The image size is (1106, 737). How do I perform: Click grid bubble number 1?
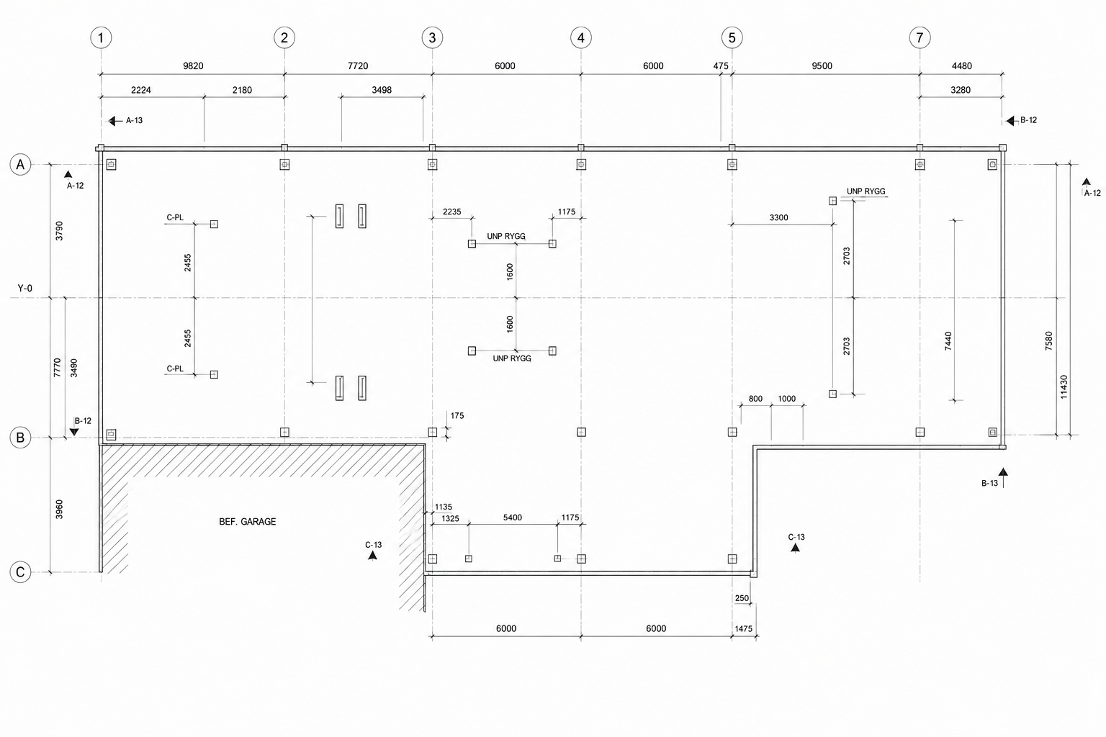[x=102, y=37]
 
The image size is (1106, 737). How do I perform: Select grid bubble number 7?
[x=920, y=37]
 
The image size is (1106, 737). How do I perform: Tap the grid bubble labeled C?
[x=20, y=572]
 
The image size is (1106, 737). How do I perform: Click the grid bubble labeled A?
[x=20, y=164]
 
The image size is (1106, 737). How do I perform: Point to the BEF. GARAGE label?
[x=248, y=522]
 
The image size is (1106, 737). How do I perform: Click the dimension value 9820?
[x=193, y=66]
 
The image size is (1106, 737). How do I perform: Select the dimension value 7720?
[x=358, y=66]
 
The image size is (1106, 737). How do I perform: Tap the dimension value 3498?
[x=382, y=91]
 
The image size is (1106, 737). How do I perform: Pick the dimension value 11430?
[x=1064, y=387]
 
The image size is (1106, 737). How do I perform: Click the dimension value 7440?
[x=948, y=341]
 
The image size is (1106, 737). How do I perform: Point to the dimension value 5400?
[x=513, y=517]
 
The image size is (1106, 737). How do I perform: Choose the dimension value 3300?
[x=778, y=217]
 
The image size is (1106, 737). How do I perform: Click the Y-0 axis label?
[x=25, y=289]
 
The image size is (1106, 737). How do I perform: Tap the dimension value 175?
[x=457, y=416]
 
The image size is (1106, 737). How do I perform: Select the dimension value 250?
[x=742, y=598]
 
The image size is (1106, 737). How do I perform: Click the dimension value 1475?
[x=744, y=629]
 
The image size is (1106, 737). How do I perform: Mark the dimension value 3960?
[x=59, y=510]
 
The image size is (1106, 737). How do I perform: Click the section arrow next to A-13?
[x=115, y=121]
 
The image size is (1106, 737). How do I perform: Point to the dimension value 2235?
[x=451, y=212]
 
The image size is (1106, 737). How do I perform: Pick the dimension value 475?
[x=721, y=66]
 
